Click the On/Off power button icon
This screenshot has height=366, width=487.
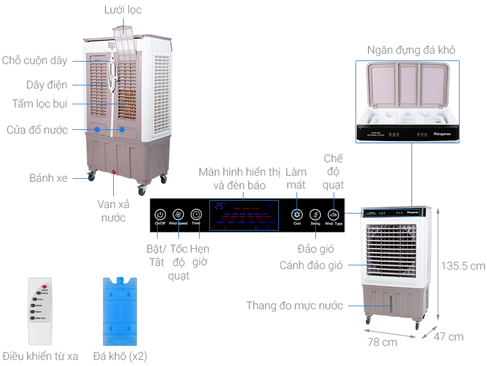(x=160, y=214)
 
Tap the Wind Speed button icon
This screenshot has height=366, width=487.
(x=178, y=214)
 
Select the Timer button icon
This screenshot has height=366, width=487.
(x=196, y=214)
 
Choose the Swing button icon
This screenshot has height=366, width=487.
(x=315, y=214)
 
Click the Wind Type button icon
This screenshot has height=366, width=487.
(x=334, y=214)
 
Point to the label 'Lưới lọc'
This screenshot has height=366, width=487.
(x=122, y=10)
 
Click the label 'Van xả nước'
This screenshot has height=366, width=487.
(x=113, y=210)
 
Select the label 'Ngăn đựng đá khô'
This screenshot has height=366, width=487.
(x=411, y=50)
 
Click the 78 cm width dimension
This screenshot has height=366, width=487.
(x=382, y=342)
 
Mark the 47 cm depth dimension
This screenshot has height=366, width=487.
(x=449, y=337)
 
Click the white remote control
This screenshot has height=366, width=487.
(x=40, y=312)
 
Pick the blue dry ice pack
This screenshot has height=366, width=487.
(x=119, y=311)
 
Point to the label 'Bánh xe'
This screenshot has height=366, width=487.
(x=49, y=178)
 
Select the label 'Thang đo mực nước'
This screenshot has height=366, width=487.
(x=295, y=306)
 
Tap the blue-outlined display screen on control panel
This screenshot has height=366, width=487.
(x=244, y=215)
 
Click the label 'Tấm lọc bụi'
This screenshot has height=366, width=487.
(x=40, y=104)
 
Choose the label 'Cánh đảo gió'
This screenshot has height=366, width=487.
(x=311, y=265)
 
